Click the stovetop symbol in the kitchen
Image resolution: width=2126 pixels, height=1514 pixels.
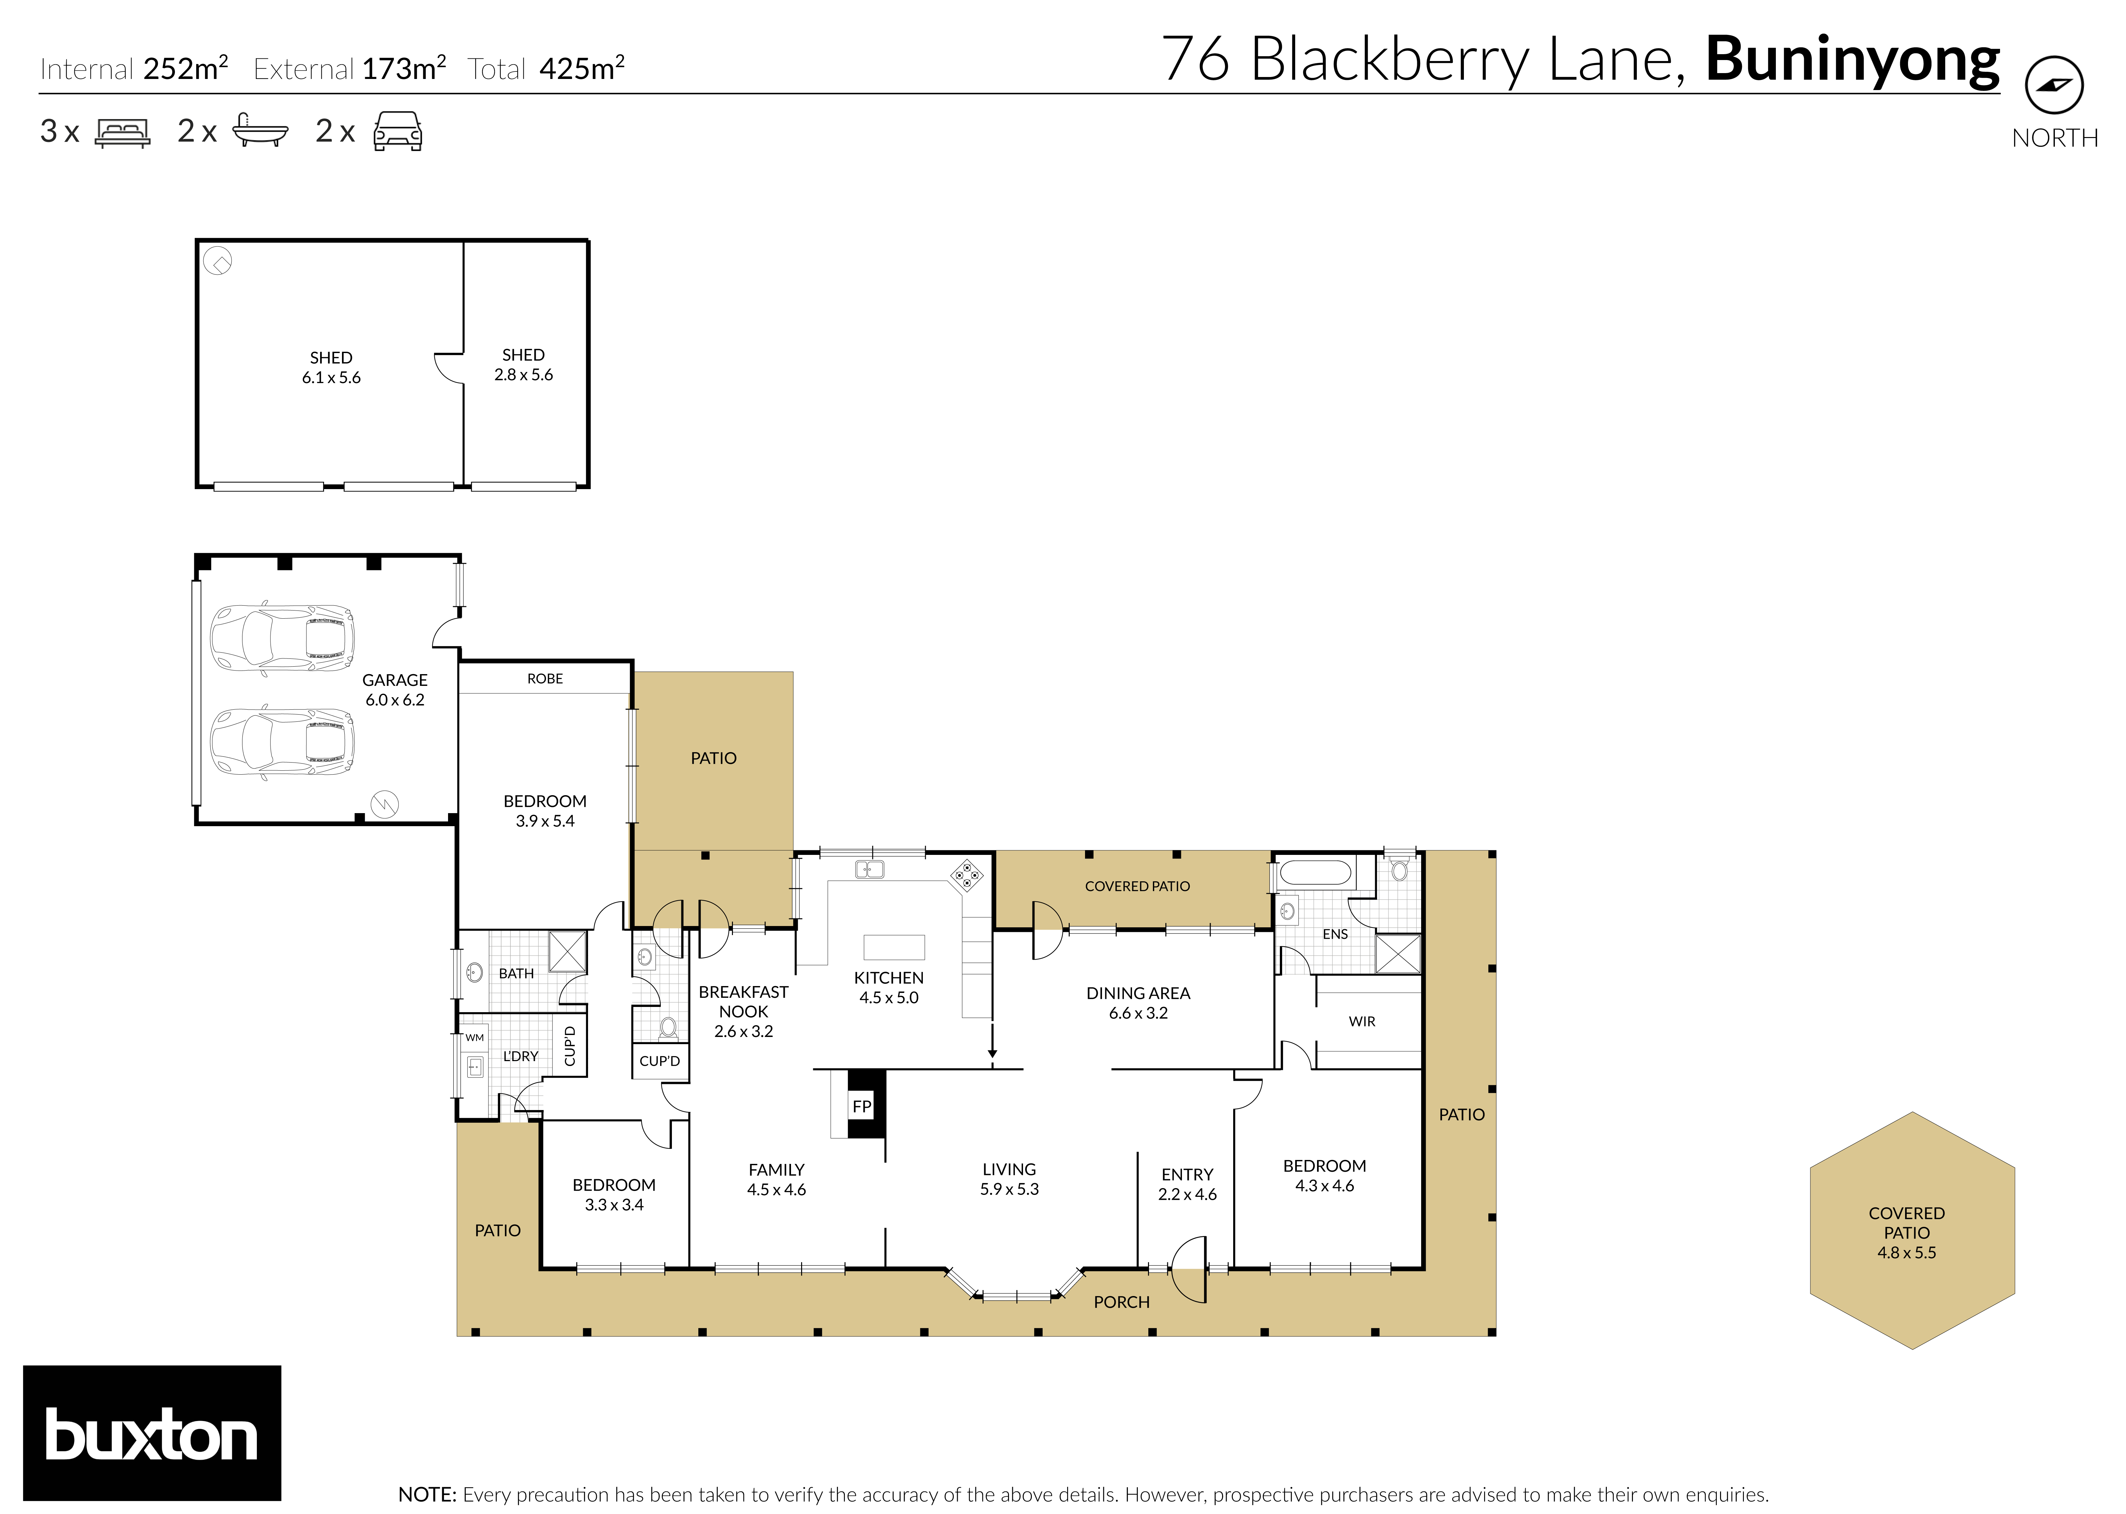coord(966,875)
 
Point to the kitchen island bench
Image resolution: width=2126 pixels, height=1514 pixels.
coord(893,947)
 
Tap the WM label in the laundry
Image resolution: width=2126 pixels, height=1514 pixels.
coord(474,1038)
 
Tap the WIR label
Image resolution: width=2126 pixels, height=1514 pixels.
coord(1361,1022)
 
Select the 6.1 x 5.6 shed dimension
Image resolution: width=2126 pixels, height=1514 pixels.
coord(331,378)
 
